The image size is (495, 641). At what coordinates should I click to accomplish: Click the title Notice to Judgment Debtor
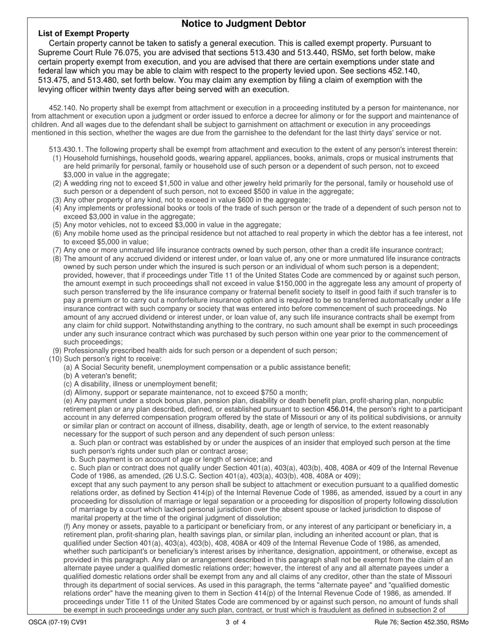243,24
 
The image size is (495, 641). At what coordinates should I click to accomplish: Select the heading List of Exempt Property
83,33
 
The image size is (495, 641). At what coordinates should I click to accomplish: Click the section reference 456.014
339,409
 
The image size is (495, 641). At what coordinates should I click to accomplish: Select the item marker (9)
57,351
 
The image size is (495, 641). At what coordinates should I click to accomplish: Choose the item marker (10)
55,359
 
